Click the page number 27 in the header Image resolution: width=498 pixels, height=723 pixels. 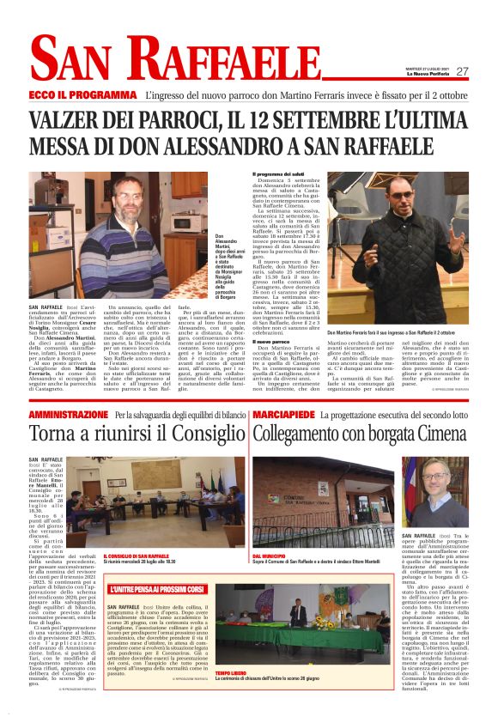click(462, 71)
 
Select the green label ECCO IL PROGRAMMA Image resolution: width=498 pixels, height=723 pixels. click(83, 94)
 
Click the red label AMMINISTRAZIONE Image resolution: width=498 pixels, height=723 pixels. click(69, 415)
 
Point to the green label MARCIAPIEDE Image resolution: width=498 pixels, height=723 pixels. click(282, 415)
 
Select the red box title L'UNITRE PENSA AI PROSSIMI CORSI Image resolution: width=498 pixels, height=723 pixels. click(157, 590)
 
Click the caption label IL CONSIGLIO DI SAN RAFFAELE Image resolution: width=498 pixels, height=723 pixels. click(131, 556)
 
